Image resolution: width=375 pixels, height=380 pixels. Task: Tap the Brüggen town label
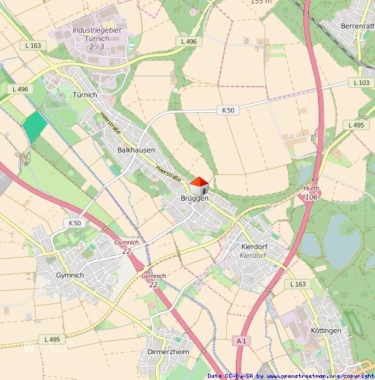click(194, 199)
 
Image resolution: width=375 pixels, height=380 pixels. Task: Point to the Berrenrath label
click(357, 26)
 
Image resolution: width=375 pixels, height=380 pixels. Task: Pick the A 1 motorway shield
click(241, 340)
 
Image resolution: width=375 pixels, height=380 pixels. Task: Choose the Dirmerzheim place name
click(168, 352)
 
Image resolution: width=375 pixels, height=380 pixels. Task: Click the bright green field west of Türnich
click(34, 126)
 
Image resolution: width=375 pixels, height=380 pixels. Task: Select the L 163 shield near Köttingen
click(296, 284)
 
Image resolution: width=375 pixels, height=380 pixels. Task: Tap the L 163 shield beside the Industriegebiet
click(33, 45)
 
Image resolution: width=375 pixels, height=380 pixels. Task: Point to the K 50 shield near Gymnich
click(75, 222)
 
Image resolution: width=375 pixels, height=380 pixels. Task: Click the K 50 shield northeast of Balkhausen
click(228, 110)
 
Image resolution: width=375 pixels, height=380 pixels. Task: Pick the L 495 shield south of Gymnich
click(52, 339)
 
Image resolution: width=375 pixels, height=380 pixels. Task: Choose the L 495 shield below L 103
click(355, 125)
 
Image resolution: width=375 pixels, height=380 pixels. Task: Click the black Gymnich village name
click(70, 275)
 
